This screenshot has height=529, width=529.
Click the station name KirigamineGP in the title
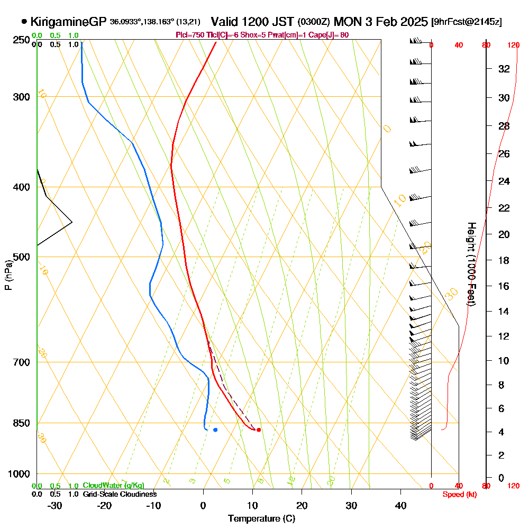tap(69, 22)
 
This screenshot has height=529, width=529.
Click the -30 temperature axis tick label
tap(54, 505)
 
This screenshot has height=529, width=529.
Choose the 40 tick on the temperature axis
tap(400, 505)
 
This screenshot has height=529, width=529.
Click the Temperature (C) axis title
tap(261, 518)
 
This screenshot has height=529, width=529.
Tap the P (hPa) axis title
tap(8, 275)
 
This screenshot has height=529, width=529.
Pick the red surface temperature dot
tap(259, 430)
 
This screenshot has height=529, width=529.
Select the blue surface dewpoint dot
tap(215, 430)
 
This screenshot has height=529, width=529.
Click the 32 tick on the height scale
tap(504, 69)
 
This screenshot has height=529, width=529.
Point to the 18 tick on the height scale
tap(504, 260)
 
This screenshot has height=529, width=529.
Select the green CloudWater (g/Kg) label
tap(113, 486)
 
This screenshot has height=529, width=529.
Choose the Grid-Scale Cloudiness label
tap(119, 494)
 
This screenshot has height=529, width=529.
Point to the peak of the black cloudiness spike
tap(71, 222)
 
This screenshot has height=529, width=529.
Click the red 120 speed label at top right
tap(513, 45)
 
